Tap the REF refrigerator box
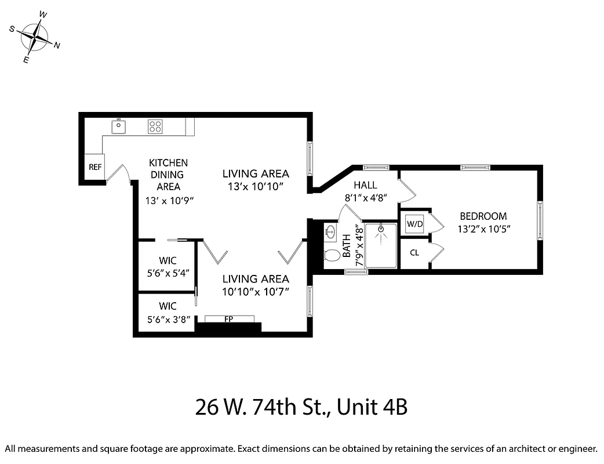pyautogui.click(x=95, y=167)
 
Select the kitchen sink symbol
pyautogui.click(x=119, y=125)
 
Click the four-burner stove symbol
pyautogui.click(x=155, y=126)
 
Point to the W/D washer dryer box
pyautogui.click(x=414, y=223)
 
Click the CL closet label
pyautogui.click(x=414, y=252)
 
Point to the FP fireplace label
pyautogui.click(x=229, y=318)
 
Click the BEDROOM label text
pyautogui.click(x=483, y=216)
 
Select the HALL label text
pyautogui.click(x=365, y=185)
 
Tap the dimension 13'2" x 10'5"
pyautogui.click(x=483, y=229)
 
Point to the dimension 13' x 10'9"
pyautogui.click(x=169, y=200)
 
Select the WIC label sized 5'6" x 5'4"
pyautogui.click(x=168, y=260)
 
